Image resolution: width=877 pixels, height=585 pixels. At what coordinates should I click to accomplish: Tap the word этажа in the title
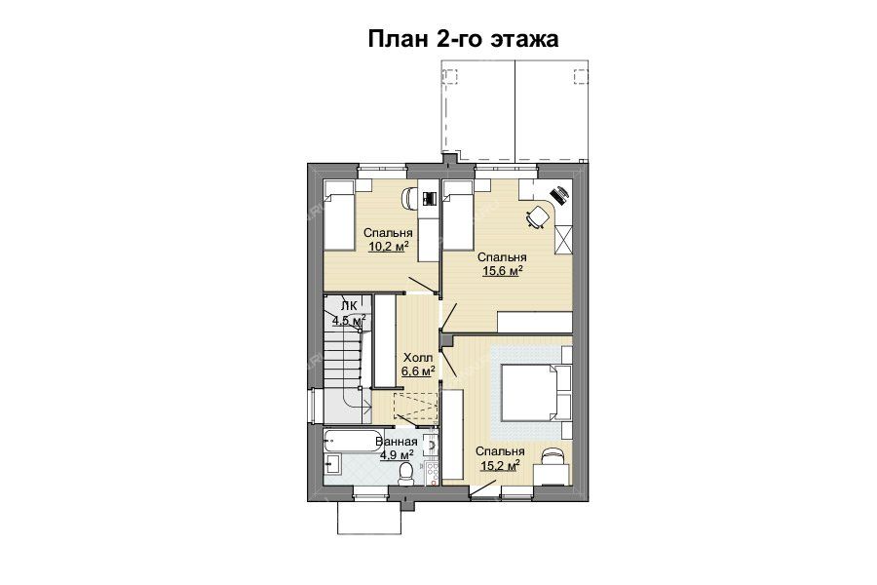point(524,40)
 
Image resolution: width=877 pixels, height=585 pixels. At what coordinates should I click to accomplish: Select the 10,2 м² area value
point(388,247)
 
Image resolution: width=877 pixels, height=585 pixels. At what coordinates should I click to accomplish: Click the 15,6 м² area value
point(502,271)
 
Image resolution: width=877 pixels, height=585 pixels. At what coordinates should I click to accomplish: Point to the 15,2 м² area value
point(500,465)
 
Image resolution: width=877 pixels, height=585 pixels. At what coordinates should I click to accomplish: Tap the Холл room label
point(418,357)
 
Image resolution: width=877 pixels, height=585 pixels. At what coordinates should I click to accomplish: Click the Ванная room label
point(397,442)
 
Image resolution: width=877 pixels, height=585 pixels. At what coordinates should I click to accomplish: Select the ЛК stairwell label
point(349,305)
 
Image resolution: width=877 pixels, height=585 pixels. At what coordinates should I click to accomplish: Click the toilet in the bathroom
point(404,474)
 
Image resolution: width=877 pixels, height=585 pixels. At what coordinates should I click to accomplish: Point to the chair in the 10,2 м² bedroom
point(409,199)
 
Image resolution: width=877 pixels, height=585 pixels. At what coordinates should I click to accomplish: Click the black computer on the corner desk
point(559,194)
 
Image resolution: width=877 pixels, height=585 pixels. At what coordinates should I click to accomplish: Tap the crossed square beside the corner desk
point(563,239)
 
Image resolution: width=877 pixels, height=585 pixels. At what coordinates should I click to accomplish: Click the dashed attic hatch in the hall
point(415,406)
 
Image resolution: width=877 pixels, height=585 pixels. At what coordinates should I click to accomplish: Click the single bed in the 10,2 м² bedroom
point(339,215)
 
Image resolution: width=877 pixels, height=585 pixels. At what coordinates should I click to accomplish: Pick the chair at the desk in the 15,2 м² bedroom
point(553,455)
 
